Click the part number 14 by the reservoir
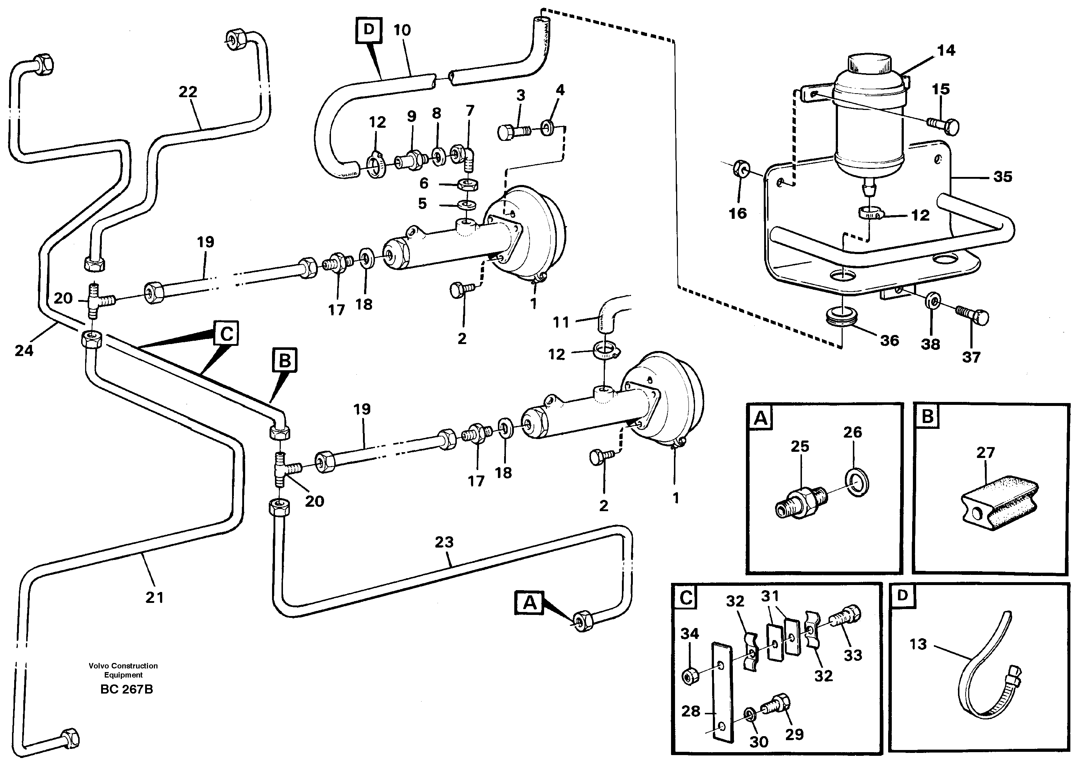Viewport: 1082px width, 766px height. point(946,51)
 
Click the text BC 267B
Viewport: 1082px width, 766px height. point(126,689)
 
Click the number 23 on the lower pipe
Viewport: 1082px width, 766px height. point(444,542)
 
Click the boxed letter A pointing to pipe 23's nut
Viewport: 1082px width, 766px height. point(530,603)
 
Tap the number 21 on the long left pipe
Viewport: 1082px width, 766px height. point(155,597)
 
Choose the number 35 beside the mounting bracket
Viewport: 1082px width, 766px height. point(1002,177)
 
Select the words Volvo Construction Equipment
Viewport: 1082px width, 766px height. point(123,670)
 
